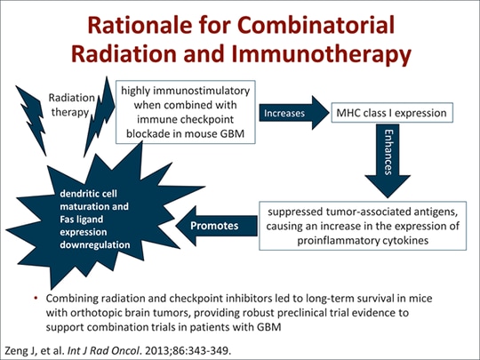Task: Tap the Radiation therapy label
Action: pyautogui.click(x=68, y=106)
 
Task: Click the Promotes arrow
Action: pyautogui.click(x=213, y=226)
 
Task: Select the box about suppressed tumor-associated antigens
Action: pyautogui.click(x=358, y=226)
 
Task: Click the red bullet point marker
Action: pyautogui.click(x=33, y=295)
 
